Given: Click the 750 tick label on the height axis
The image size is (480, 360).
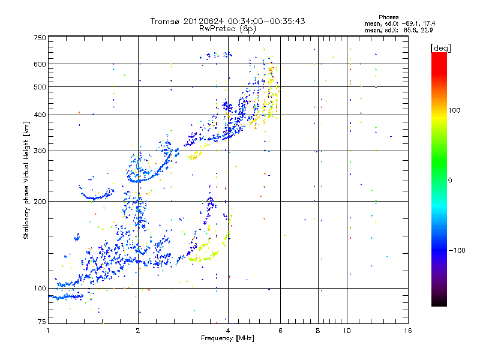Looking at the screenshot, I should click(x=40, y=38).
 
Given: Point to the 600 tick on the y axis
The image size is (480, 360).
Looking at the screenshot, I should click(x=40, y=64).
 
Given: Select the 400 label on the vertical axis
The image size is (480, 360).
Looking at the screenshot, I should click(x=40, y=115).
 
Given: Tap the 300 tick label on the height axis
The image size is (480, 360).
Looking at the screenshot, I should click(x=40, y=151).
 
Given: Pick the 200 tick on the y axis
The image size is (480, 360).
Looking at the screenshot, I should click(x=40, y=202).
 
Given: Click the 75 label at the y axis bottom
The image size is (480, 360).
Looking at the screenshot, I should click(x=41, y=322).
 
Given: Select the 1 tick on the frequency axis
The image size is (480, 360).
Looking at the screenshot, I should click(x=48, y=331).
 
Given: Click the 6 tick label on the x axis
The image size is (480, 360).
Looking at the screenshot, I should click(x=280, y=331).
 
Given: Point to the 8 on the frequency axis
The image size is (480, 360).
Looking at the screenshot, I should click(x=318, y=331).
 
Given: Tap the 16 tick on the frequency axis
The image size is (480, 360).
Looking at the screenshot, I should click(x=407, y=331).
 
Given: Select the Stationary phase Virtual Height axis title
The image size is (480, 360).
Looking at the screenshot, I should click(x=26, y=180).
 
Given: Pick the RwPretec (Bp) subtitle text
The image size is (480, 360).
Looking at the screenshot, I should click(x=228, y=28).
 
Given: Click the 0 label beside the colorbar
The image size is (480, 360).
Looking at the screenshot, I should click(x=451, y=180).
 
